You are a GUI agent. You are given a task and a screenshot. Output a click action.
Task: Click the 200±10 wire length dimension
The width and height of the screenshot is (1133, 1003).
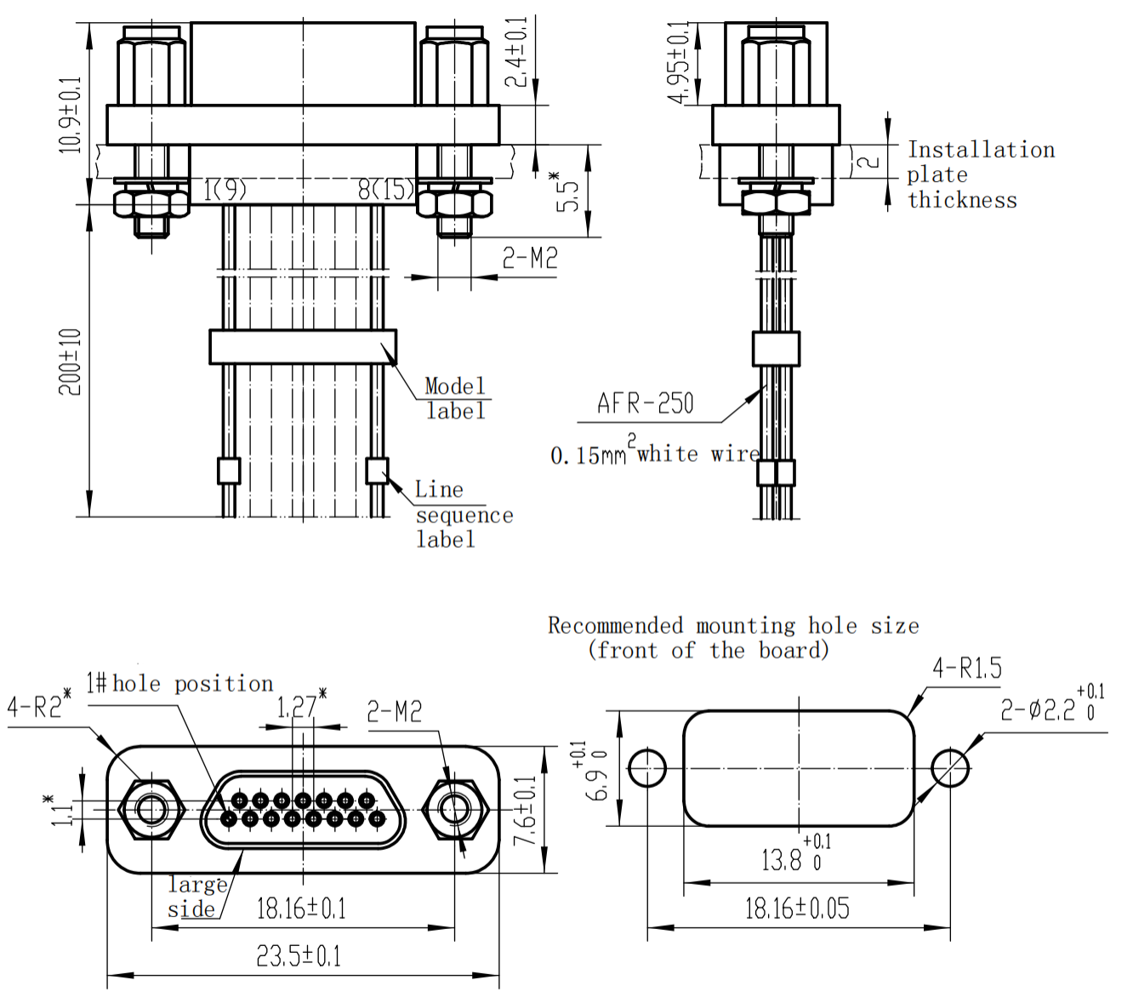click(70, 362)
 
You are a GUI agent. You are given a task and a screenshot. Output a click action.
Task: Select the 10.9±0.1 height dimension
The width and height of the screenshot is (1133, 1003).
click(70, 115)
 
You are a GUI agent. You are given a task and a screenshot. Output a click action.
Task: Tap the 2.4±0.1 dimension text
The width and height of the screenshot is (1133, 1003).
click(516, 53)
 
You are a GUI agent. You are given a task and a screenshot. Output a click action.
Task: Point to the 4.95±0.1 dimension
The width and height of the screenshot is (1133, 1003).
click(679, 62)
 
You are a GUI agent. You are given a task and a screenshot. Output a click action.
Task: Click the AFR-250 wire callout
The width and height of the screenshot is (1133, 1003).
click(646, 403)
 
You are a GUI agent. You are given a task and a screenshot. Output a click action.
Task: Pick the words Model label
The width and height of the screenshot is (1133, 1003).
click(455, 399)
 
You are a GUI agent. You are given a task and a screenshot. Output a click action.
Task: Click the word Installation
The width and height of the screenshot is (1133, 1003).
click(981, 151)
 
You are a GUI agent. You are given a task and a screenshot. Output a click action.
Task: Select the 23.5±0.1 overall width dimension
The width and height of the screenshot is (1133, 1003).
click(299, 956)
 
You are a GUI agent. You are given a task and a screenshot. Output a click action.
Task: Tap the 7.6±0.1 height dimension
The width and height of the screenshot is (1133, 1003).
click(527, 810)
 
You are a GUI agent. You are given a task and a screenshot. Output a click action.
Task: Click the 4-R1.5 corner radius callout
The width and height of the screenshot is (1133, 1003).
click(967, 669)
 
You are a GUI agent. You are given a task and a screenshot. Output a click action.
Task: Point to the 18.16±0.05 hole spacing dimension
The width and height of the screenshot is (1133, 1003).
click(797, 909)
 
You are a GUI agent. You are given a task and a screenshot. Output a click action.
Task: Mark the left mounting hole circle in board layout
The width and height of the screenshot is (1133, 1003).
click(647, 768)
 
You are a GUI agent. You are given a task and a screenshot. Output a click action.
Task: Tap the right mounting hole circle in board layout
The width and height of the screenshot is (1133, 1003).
click(949, 768)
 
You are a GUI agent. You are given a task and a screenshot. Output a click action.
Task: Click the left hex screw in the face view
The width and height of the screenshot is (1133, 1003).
click(151, 809)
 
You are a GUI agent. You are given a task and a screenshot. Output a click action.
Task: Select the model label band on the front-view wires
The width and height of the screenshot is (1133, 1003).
click(303, 347)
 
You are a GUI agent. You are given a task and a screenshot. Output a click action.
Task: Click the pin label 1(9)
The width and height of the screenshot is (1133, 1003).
click(225, 190)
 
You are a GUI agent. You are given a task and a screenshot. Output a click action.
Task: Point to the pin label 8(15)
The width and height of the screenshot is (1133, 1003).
click(386, 190)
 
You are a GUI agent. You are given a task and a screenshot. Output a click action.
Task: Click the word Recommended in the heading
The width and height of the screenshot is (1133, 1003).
click(615, 626)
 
